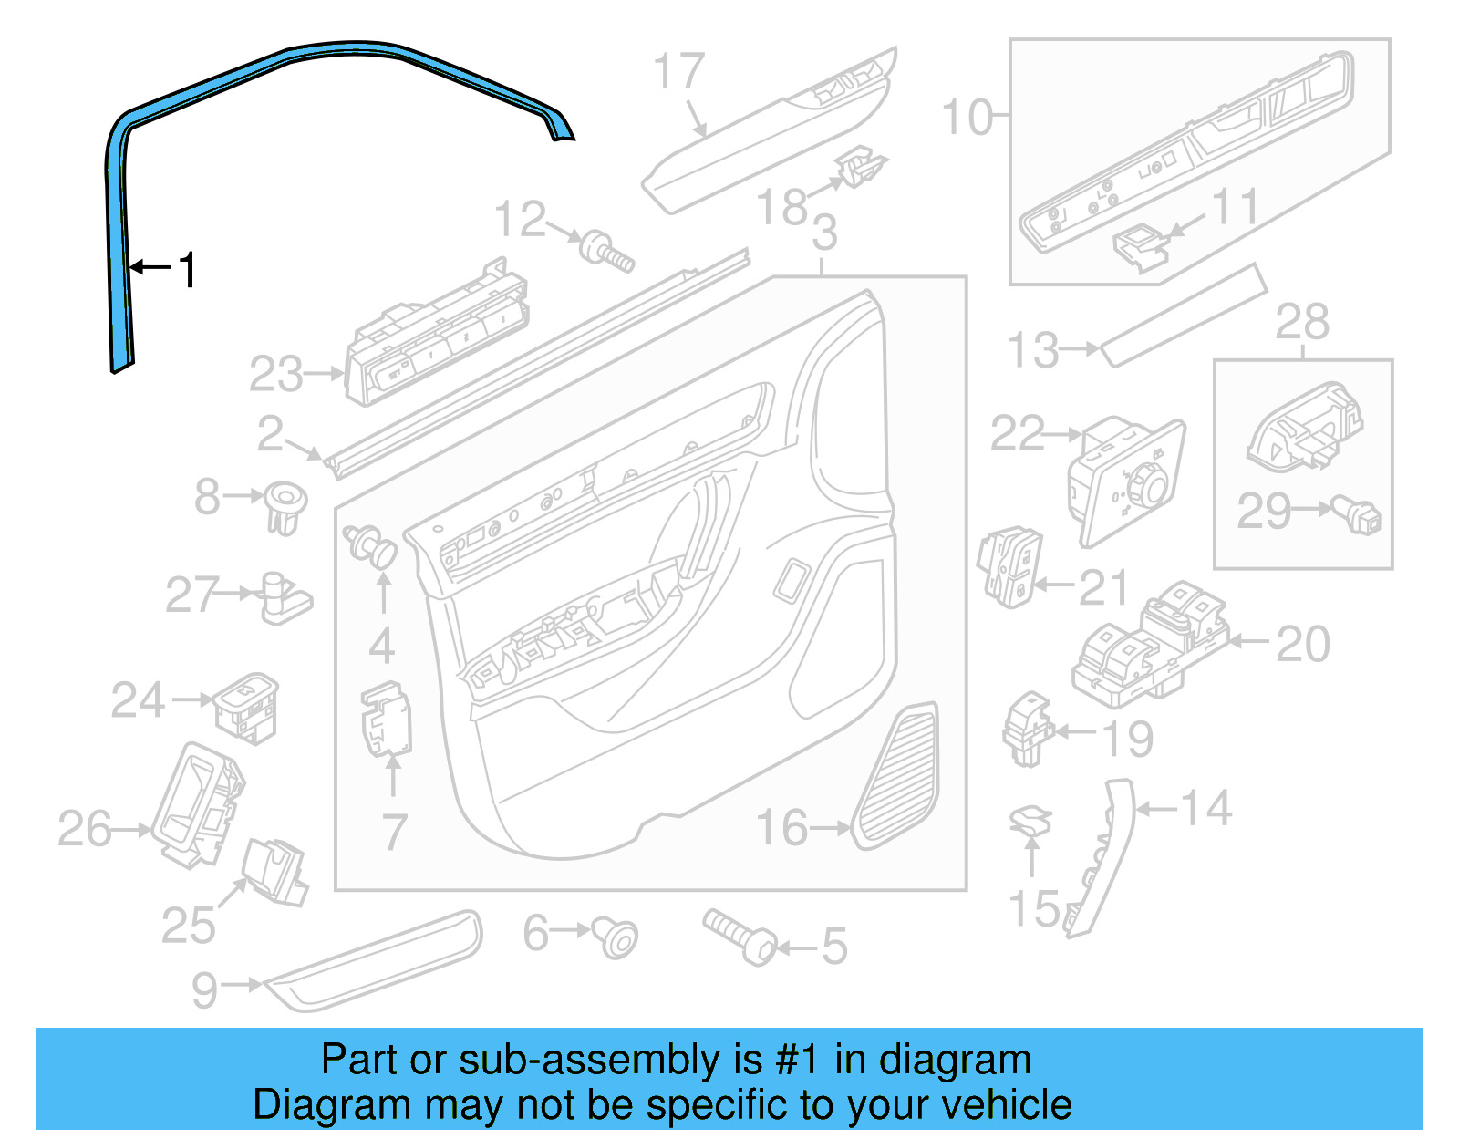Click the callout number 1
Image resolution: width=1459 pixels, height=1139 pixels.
coord(188,270)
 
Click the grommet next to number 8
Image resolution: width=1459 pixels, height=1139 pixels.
coord(285,507)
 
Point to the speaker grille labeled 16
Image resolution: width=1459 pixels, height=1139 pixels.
coord(899,776)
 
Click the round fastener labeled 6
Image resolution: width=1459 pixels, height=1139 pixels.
coord(616,937)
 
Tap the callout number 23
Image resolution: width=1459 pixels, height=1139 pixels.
coord(275,375)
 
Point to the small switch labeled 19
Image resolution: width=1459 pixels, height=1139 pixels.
coord(1028,729)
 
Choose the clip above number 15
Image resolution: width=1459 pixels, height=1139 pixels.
coord(1030,820)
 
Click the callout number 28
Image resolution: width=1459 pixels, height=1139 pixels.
coord(1301,322)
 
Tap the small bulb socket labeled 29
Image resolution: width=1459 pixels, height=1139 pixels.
coord(1359,515)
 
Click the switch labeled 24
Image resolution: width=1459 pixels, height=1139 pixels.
coord(246,707)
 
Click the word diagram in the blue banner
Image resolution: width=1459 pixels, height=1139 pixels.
coord(954,1061)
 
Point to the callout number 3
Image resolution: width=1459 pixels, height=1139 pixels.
coord(823,233)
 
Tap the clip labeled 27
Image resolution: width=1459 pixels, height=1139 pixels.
coord(285,598)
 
